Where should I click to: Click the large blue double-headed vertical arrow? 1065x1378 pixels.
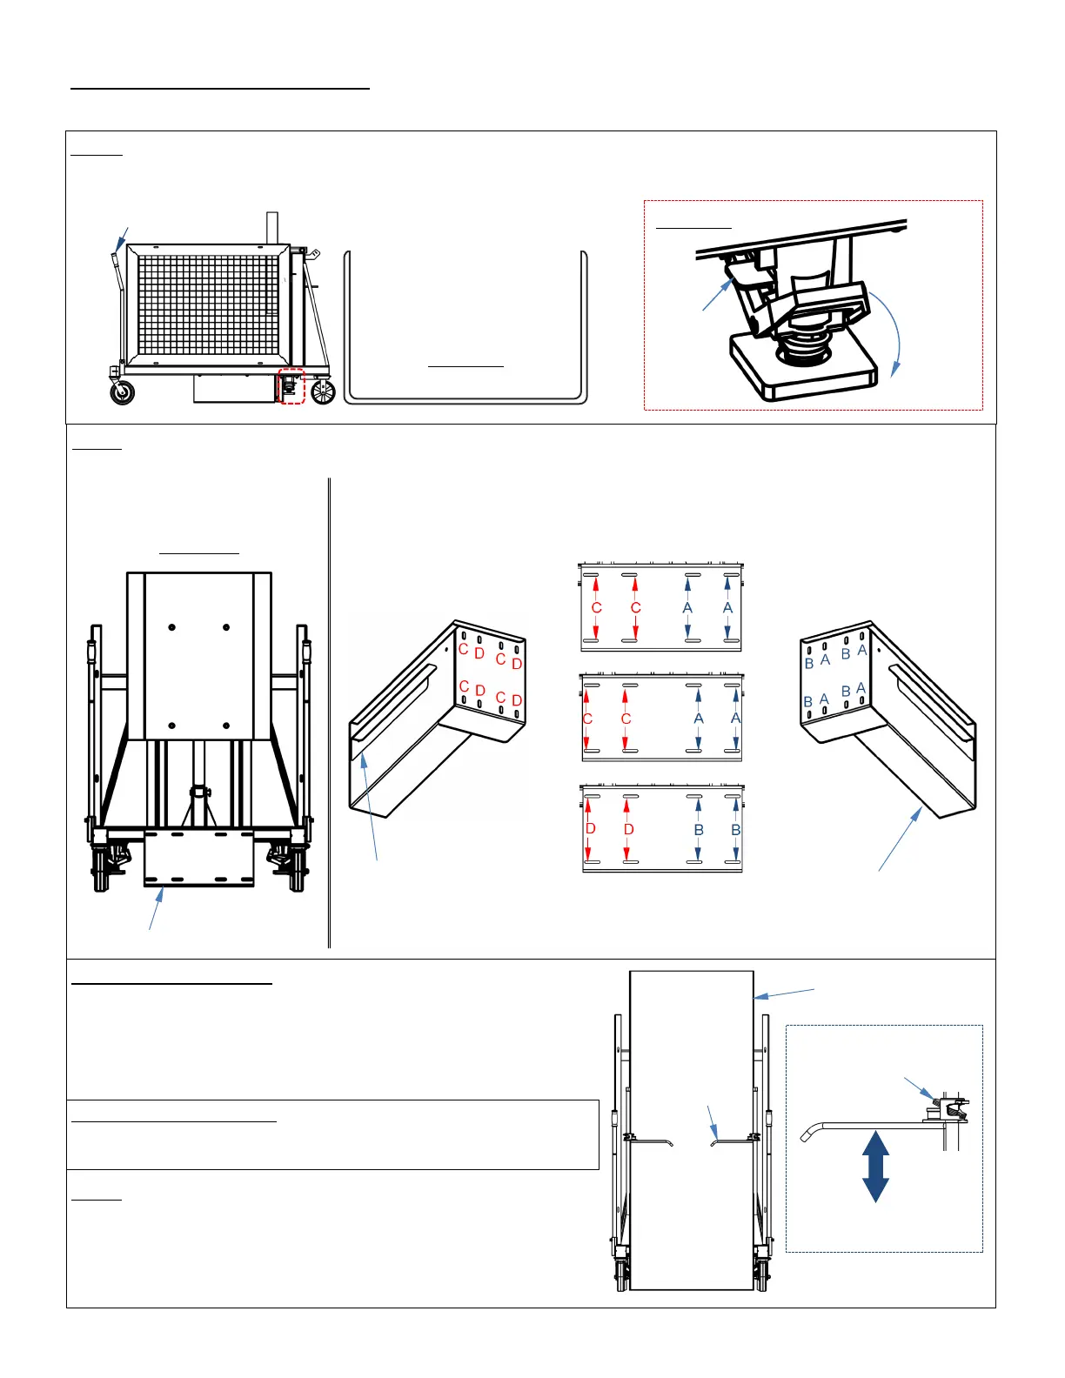875,1166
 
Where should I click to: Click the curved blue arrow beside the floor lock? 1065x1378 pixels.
889,331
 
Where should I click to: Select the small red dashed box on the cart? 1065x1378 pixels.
291,386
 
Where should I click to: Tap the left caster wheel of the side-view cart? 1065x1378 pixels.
123,392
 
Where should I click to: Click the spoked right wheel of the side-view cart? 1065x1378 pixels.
323,392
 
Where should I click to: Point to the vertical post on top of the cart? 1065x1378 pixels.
271,228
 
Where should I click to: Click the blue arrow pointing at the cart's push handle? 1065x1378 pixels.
123,238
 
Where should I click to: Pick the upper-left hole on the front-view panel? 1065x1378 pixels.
172,627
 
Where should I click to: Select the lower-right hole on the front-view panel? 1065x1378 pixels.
226,725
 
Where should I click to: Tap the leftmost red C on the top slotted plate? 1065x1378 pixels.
596,608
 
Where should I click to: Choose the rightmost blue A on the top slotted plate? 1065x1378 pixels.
727,608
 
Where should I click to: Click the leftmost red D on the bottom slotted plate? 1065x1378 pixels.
591,829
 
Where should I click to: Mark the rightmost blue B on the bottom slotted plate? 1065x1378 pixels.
736,830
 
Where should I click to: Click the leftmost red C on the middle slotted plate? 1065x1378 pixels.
587,719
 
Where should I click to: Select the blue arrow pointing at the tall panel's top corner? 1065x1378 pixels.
785,993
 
